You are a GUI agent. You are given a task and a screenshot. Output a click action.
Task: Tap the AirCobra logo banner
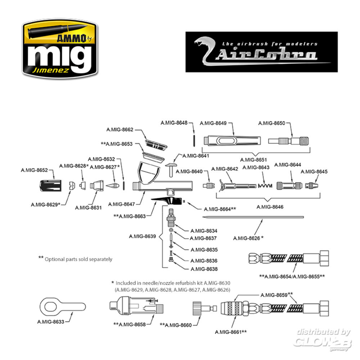click(261, 52)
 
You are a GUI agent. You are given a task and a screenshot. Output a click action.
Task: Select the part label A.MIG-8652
click(34, 170)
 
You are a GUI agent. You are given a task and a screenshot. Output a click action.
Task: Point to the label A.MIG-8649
click(213, 123)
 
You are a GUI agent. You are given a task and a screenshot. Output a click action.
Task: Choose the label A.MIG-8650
click(271, 123)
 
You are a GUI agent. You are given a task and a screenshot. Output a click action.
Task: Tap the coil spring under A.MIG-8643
click(265, 186)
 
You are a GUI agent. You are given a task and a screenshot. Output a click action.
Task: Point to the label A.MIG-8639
click(142, 237)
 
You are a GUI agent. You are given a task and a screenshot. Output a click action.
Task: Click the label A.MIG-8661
click(230, 332)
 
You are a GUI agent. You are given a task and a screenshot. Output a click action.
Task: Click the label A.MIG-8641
click(196, 156)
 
